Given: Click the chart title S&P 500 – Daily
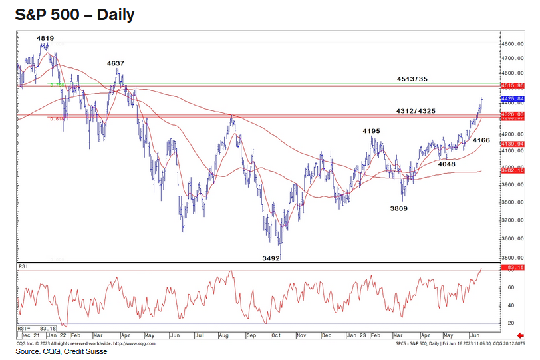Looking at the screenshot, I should click(75, 15).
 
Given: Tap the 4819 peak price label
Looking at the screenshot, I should click(45, 39).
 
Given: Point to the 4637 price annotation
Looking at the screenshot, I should click(116, 63).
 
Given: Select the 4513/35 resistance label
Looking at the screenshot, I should click(412, 79).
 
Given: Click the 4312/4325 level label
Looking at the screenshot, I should click(416, 111).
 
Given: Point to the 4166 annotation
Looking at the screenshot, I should click(481, 140).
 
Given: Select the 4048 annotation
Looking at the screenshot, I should click(446, 163).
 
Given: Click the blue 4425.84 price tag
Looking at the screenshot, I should click(511, 99).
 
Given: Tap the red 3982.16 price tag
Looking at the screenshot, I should click(511, 171).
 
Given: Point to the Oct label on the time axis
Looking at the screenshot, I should click(275, 336).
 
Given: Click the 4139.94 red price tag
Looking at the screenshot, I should click(511, 144).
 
